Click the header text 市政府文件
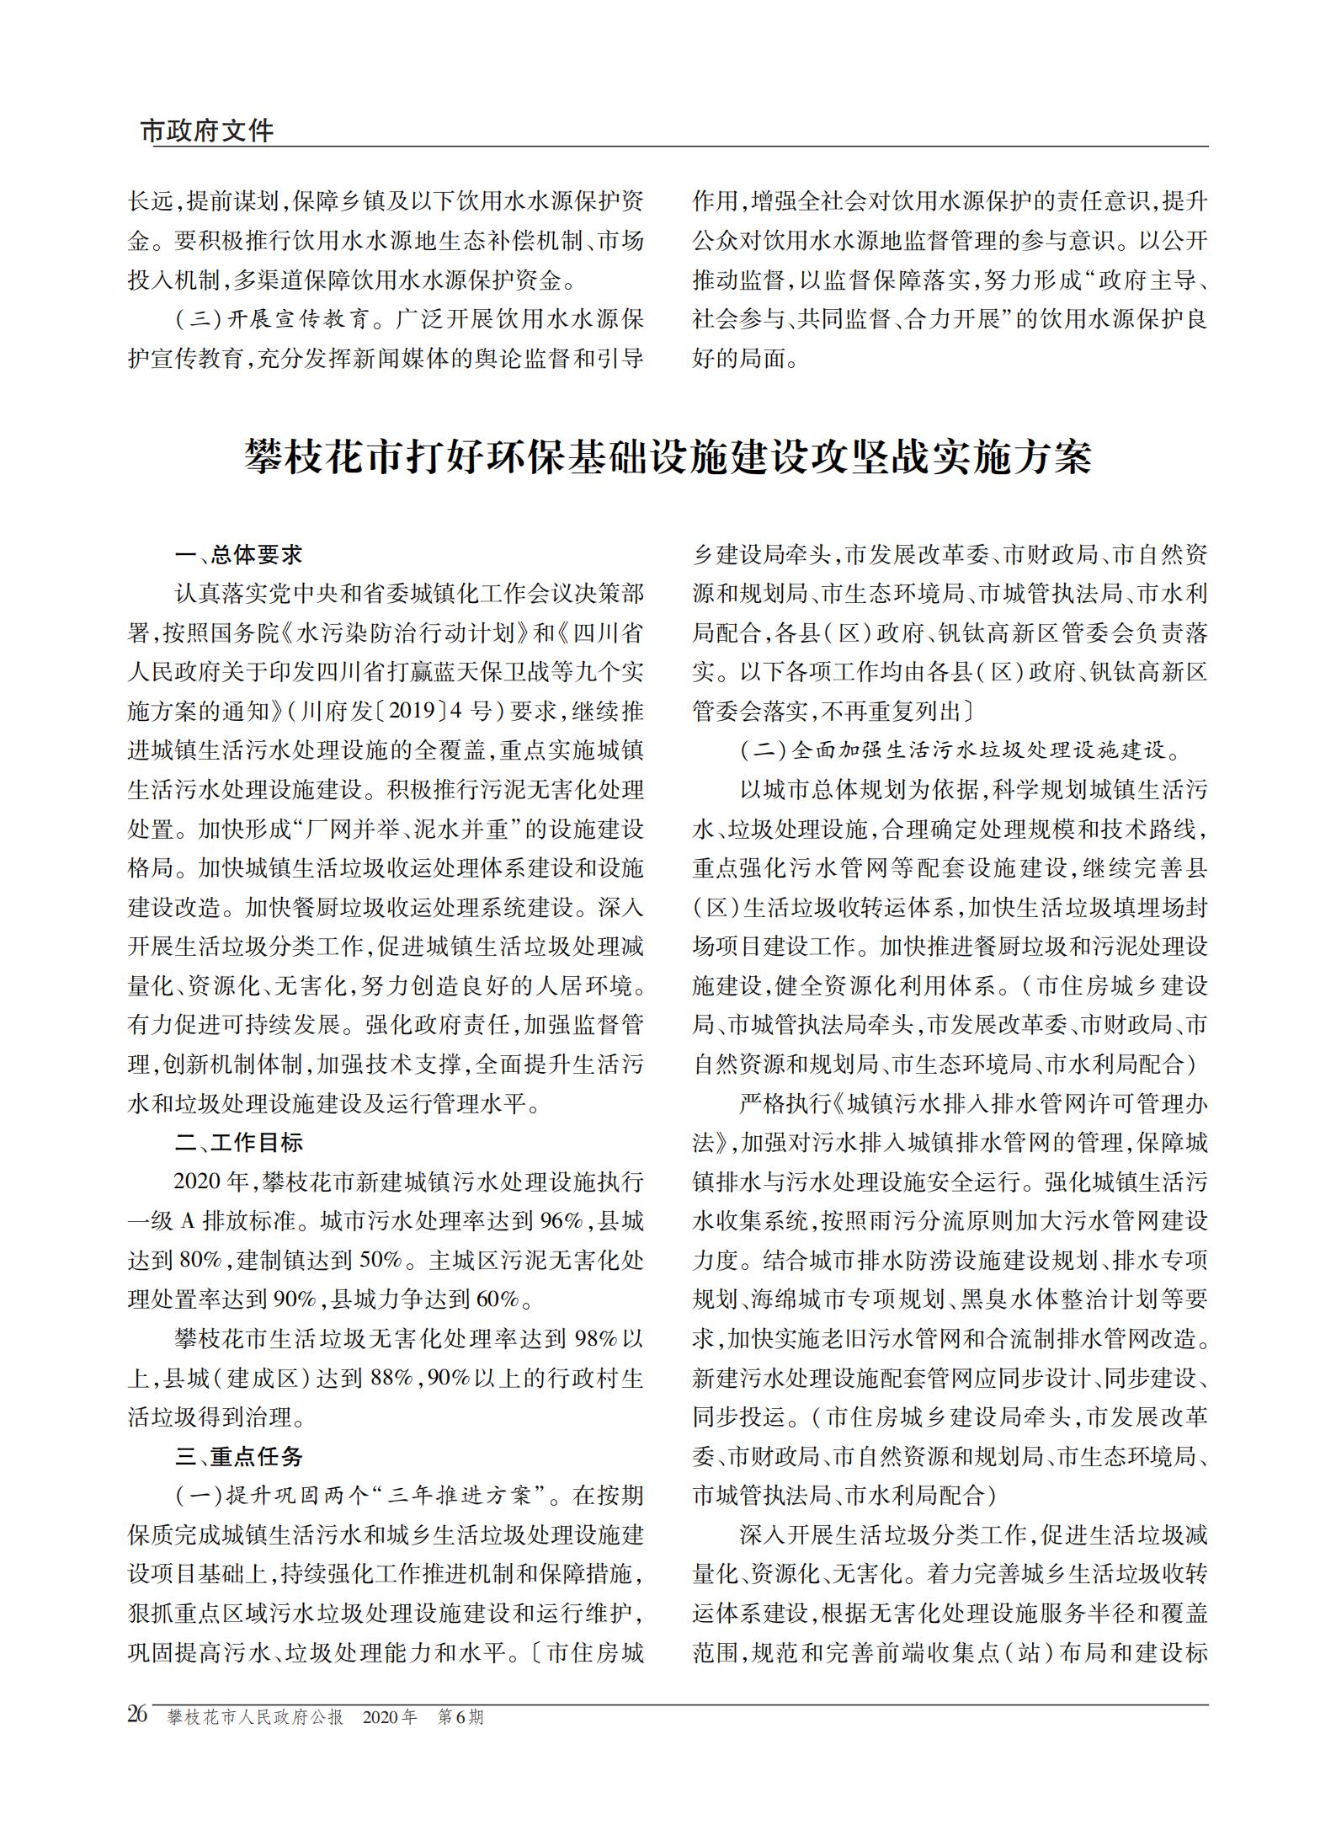pyautogui.click(x=207, y=131)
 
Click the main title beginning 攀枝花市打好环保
pyautogui.click(x=668, y=457)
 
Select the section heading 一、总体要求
pyautogui.click(x=238, y=554)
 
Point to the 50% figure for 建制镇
pyautogui.click(x=381, y=1260)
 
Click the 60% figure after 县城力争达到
pyautogui.click(x=498, y=1299)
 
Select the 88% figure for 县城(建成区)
pyautogui.click(x=391, y=1378)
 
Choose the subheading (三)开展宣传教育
pyautogui.click(x=272, y=319)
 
